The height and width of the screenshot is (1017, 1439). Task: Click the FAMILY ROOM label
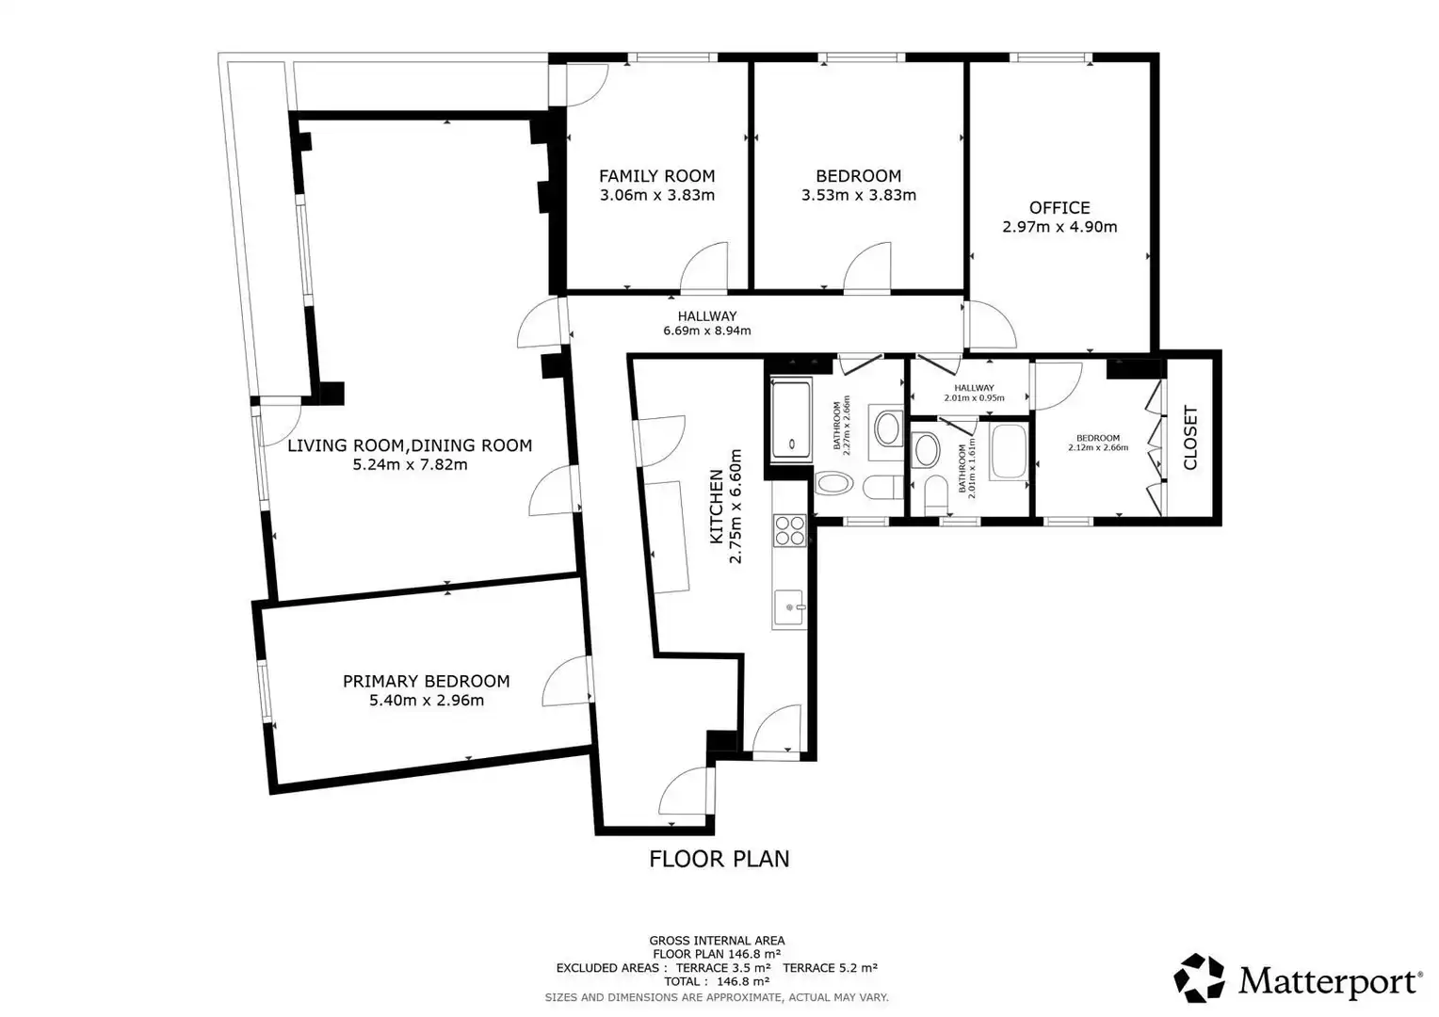[656, 176]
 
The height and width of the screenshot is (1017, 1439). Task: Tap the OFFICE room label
[1059, 208]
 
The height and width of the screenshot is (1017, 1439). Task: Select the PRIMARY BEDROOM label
[426, 681]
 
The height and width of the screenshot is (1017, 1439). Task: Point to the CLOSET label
[1190, 438]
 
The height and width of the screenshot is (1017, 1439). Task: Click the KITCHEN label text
[717, 507]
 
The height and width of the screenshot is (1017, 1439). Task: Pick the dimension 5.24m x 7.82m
[410, 464]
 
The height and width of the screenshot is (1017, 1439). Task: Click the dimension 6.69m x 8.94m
[706, 331]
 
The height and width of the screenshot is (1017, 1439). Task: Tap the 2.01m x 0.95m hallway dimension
[974, 397]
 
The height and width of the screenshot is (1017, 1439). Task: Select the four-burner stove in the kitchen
[789, 530]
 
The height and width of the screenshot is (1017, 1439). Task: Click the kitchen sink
[789, 607]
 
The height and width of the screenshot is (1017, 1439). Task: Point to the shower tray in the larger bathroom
[791, 420]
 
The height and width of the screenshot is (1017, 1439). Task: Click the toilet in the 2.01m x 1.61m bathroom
[936, 494]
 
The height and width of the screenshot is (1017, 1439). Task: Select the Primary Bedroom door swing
[566, 681]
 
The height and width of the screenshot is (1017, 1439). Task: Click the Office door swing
[991, 325]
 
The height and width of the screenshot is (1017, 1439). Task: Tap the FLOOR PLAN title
[719, 859]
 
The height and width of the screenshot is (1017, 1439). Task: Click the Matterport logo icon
[1199, 977]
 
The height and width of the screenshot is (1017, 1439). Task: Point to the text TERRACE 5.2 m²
[830, 967]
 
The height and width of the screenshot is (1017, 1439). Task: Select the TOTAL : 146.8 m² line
[717, 981]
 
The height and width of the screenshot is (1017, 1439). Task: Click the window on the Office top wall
[1050, 57]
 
